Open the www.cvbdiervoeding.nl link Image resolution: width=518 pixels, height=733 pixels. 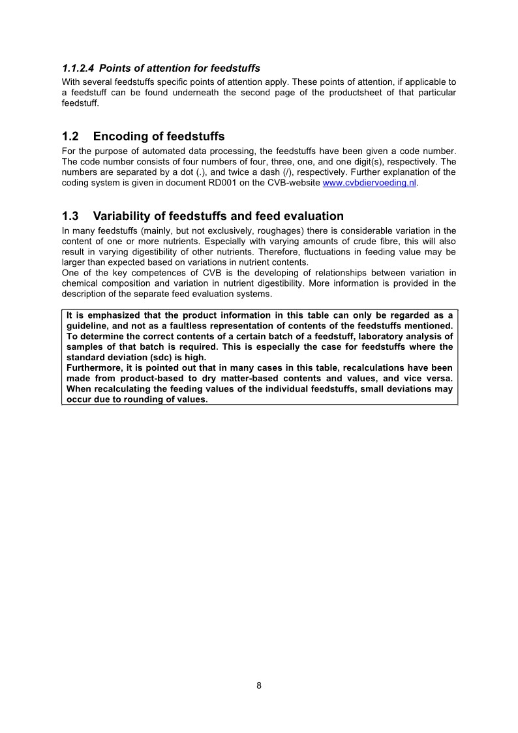(369, 183)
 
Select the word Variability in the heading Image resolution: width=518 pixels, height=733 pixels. (127, 216)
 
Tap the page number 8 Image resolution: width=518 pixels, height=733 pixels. (259, 685)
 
